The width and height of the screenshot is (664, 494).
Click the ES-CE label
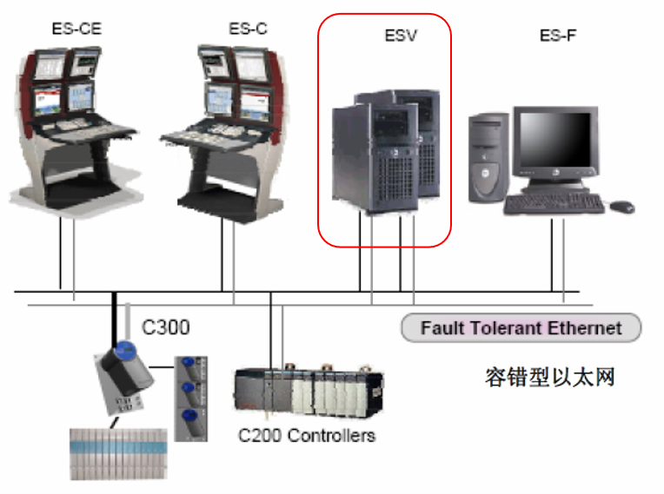click(76, 29)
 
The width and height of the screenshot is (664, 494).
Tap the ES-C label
click(249, 29)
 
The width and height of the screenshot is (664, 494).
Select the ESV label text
click(401, 35)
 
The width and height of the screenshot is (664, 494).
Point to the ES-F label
click(558, 35)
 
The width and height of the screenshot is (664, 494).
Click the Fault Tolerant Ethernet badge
click(521, 328)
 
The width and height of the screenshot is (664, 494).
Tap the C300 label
click(166, 327)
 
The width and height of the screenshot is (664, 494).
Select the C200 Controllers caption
click(307, 435)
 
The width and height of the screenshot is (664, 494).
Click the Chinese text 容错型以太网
click(549, 377)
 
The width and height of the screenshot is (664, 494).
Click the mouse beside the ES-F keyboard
click(622, 207)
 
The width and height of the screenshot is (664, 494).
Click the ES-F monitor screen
click(554, 140)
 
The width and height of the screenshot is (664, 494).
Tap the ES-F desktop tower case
click(488, 157)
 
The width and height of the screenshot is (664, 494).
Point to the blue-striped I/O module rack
click(118, 454)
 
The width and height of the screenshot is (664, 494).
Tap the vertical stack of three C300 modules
click(191, 398)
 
